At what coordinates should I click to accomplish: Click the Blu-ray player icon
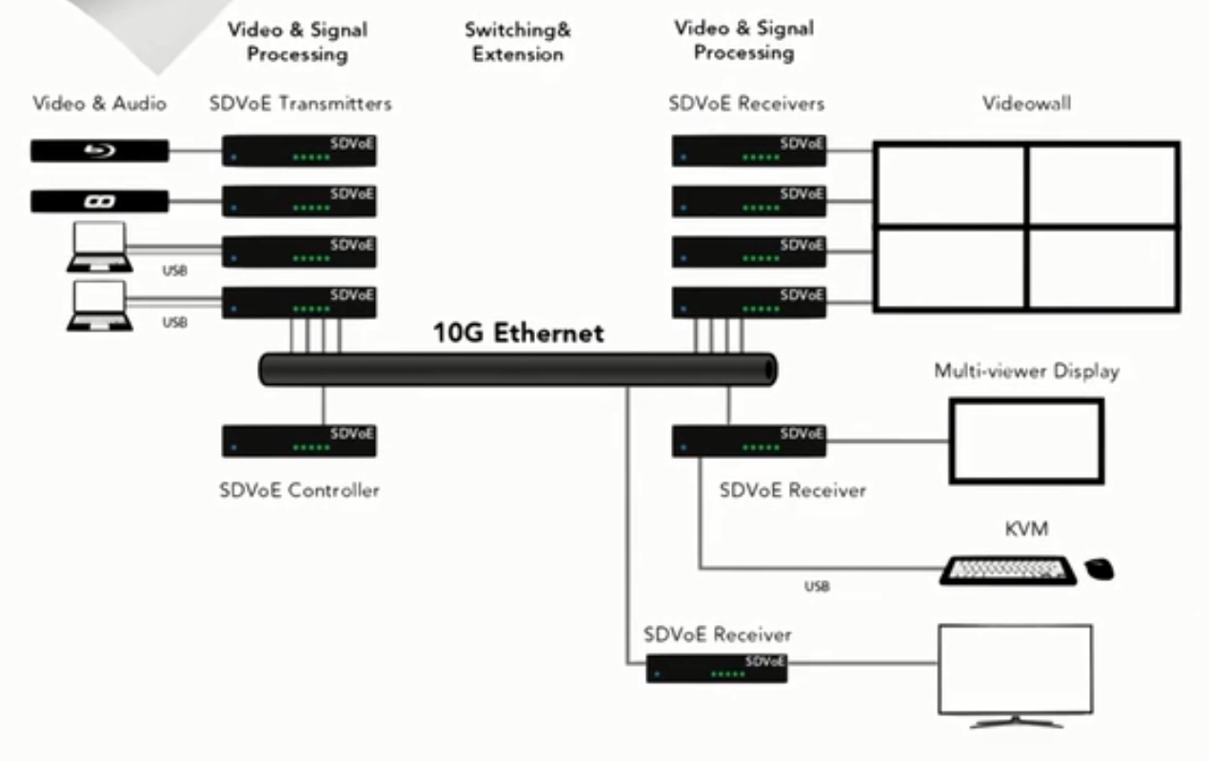pos(100,150)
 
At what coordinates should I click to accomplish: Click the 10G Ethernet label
pos(518,332)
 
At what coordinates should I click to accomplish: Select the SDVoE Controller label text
pos(299,491)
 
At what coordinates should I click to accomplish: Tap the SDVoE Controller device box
pos(299,441)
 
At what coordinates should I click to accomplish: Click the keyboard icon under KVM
pos(1008,570)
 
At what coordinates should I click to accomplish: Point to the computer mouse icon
pos(1100,569)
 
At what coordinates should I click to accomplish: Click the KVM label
pos(1026,528)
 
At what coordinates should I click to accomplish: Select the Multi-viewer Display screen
pos(1026,440)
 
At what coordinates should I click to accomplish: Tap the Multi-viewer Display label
pos(1026,370)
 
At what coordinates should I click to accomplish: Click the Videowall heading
pos(1026,103)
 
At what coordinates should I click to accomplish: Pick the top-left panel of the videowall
pos(951,185)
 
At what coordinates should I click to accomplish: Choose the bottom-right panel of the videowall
pos(1102,268)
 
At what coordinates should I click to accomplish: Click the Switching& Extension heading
pos(518,42)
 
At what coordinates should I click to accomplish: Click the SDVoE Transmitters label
pos(300,103)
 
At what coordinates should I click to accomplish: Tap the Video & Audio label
pos(100,103)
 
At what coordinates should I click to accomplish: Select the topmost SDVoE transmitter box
pos(299,150)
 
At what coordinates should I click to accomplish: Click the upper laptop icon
pos(99,247)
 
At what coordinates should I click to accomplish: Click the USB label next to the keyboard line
pos(817,587)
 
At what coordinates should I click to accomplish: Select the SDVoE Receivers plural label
pos(746,103)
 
